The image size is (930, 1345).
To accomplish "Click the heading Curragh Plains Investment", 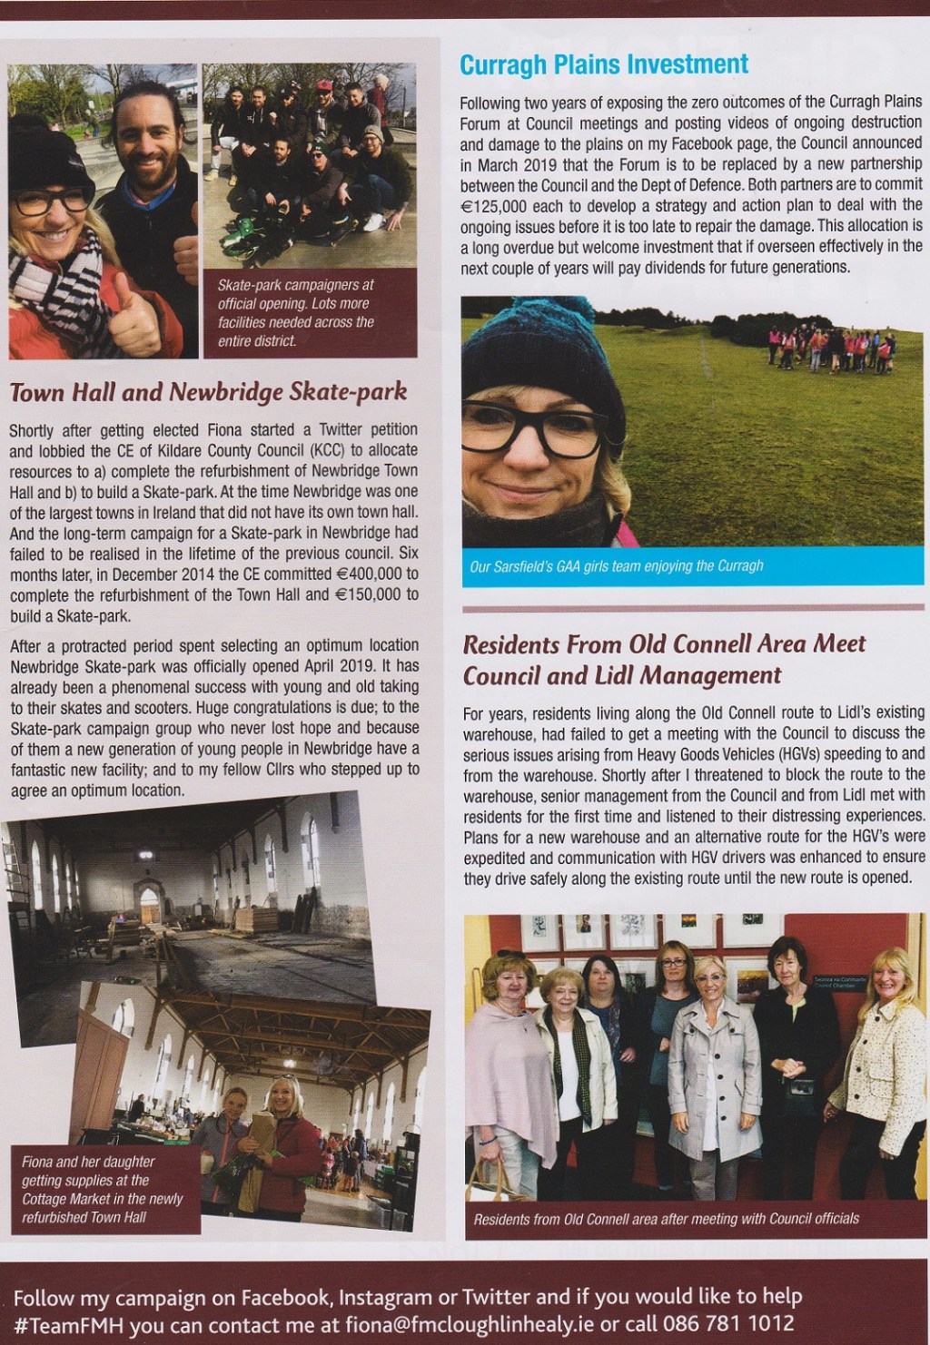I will tap(604, 64).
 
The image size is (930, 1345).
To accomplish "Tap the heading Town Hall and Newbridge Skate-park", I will tap(208, 392).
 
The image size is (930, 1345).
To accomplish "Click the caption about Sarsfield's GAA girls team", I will tap(617, 566).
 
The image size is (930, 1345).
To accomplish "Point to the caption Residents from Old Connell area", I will tap(666, 1219).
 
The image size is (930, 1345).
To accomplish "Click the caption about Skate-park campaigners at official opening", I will tap(296, 312).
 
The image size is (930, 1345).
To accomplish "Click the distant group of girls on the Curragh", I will tap(831, 349).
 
